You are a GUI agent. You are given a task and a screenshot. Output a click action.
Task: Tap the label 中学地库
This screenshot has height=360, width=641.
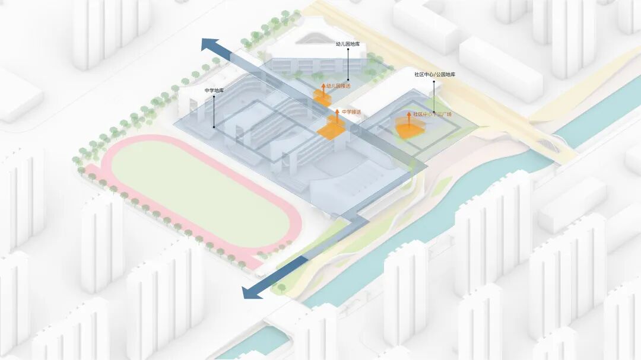click(214, 90)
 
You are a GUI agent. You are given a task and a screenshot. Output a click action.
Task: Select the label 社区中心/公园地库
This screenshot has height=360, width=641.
click(434, 75)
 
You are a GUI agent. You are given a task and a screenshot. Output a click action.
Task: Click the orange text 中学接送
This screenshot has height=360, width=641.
click(351, 111)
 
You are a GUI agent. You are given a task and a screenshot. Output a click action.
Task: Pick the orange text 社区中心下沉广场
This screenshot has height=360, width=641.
click(433, 114)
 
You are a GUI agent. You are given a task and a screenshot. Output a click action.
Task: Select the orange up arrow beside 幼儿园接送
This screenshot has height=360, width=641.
click(323, 88)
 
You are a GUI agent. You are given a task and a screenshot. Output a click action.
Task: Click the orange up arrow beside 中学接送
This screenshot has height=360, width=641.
click(337, 114)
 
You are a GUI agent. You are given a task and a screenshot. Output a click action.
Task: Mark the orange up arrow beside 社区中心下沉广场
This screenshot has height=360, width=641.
click(408, 117)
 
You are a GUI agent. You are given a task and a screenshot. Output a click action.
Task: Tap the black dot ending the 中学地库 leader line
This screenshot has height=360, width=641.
click(214, 127)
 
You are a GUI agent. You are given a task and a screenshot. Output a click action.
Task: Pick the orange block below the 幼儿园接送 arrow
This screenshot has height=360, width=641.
click(322, 100)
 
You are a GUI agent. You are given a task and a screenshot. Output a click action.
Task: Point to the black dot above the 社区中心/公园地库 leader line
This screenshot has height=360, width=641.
click(434, 82)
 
